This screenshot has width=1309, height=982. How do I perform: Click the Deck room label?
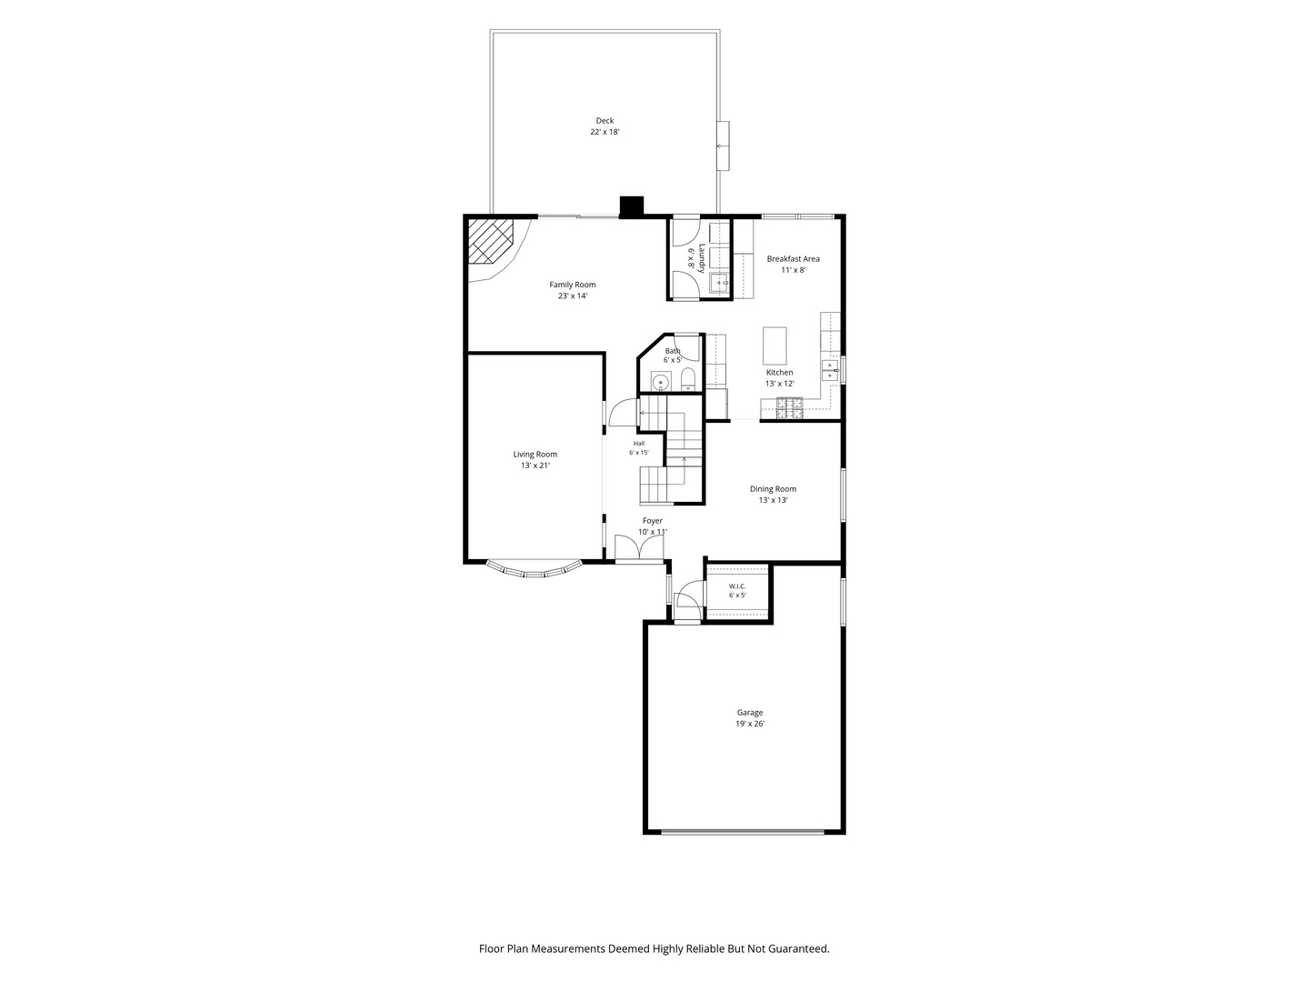point(605,120)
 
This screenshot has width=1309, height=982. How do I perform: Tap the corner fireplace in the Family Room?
point(489,242)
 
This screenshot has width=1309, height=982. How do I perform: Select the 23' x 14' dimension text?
point(573,296)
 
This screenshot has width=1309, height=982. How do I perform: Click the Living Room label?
point(535,455)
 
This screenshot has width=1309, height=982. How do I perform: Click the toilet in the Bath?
point(688,379)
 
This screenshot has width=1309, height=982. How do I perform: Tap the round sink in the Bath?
point(659,381)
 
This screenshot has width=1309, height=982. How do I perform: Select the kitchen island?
point(774,346)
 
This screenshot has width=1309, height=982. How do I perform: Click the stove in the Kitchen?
point(790,408)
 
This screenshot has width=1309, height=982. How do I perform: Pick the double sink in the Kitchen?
point(830,370)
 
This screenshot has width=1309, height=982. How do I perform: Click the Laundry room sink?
point(720,283)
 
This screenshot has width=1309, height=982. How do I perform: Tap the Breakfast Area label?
point(794,259)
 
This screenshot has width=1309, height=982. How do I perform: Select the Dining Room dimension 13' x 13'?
point(773,500)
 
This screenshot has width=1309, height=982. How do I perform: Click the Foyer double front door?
point(639,547)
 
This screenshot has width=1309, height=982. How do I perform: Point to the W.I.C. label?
point(737,586)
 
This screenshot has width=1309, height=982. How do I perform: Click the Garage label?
point(750,713)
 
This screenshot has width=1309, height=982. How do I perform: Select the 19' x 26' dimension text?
point(750,724)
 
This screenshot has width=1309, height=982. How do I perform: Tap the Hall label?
point(639,444)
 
